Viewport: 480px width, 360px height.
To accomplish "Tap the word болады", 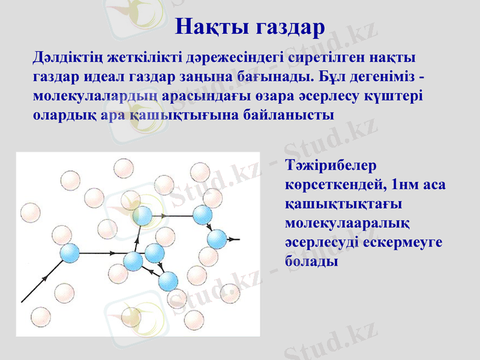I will pos(311,262).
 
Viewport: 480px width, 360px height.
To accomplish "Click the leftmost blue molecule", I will pos(70,253).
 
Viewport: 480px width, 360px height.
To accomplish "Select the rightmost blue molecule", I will pos(217,239).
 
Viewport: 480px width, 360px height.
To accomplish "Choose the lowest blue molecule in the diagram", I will pos(168,280).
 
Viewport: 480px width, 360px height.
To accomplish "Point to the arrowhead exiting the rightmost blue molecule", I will pos(236,239).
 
